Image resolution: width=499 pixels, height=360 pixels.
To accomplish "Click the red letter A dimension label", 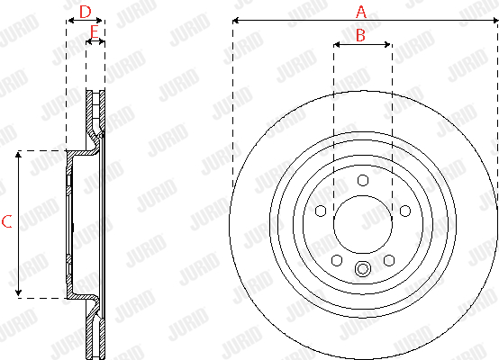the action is [x=361, y=12].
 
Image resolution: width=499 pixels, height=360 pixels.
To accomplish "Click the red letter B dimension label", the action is [x=360, y=35].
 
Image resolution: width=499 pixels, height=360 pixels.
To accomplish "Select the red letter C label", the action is [x=6, y=221].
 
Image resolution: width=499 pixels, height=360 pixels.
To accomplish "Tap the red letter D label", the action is [x=86, y=12].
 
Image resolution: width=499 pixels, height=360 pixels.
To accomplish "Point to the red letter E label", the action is [x=95, y=32].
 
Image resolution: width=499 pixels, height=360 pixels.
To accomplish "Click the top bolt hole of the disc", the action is [x=363, y=180].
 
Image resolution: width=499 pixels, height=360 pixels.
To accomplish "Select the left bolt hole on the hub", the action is [x=321, y=211].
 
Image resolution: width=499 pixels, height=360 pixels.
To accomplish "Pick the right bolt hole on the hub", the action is [x=405, y=211].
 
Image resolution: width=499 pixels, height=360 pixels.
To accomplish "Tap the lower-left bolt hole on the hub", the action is [x=337, y=260].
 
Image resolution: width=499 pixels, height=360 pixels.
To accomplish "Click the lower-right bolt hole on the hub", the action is [x=389, y=260].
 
